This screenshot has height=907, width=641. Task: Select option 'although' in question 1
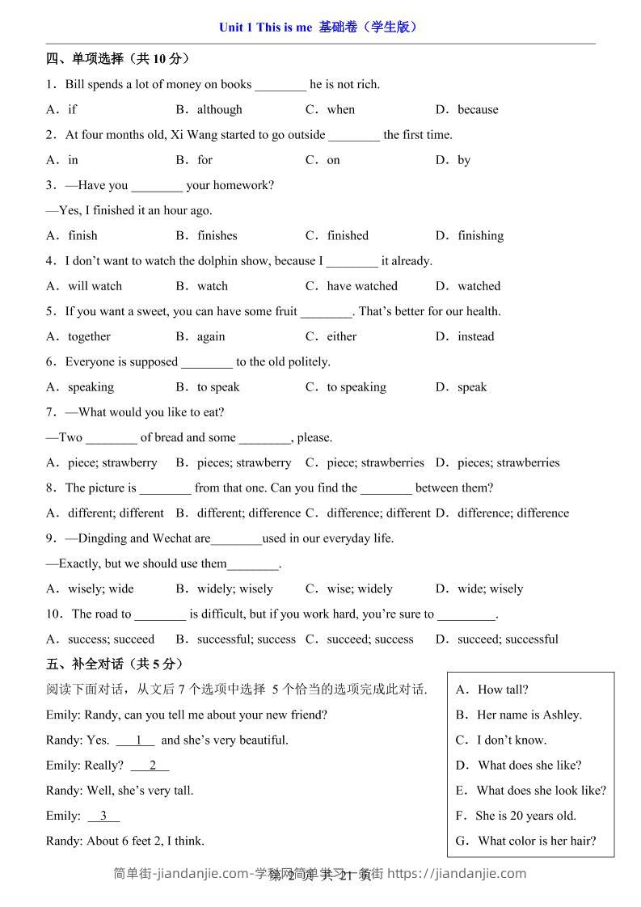click(x=219, y=110)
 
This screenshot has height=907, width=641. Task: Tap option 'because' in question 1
click(x=478, y=110)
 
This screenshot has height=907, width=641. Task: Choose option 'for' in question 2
click(x=205, y=160)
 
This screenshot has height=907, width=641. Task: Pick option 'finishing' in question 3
click(x=480, y=236)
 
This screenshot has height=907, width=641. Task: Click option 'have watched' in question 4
click(x=362, y=286)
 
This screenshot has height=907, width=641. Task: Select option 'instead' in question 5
click(x=475, y=336)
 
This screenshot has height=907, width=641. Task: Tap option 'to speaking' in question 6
click(x=356, y=387)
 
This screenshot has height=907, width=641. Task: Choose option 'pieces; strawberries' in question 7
click(x=508, y=463)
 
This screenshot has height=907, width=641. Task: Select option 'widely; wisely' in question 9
click(x=234, y=589)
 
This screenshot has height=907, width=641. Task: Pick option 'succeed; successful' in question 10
click(x=508, y=639)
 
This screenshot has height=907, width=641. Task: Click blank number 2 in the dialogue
click(x=150, y=766)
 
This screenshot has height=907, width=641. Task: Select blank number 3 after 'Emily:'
click(x=103, y=816)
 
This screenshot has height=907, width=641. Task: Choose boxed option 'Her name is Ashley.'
click(x=529, y=715)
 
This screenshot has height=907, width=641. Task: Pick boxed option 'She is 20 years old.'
click(x=525, y=816)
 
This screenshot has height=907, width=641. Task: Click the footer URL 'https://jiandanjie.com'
click(x=458, y=873)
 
